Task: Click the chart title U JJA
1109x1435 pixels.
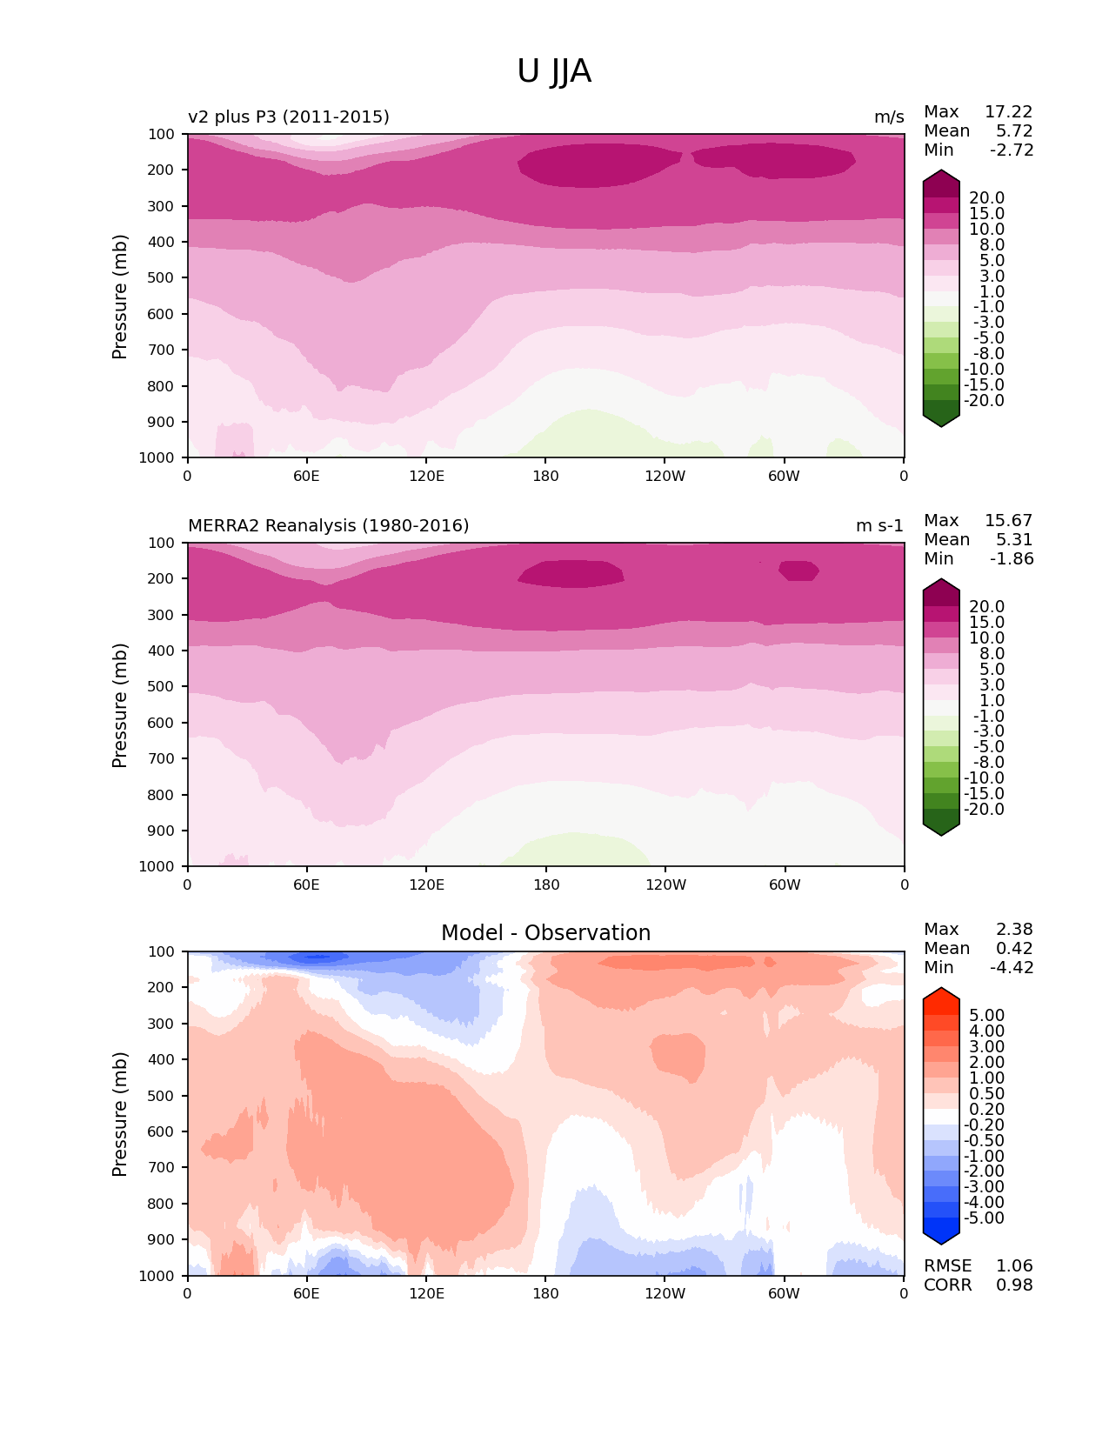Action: click(554, 71)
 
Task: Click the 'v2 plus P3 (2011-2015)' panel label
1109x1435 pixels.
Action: click(289, 117)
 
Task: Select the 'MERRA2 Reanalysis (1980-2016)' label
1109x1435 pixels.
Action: click(328, 526)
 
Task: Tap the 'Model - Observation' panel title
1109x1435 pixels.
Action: click(545, 933)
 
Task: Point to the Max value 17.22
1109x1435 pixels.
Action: click(1008, 112)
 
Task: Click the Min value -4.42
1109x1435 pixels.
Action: click(1012, 968)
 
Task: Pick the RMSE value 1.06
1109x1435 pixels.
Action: click(1014, 1266)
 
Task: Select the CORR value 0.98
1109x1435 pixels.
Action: click(1014, 1285)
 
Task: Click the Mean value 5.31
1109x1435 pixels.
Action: click(1014, 540)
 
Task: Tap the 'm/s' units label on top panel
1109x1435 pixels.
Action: click(889, 117)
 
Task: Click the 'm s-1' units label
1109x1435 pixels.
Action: click(879, 526)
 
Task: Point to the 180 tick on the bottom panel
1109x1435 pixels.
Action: click(545, 1294)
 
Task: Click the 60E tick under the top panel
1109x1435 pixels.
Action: click(306, 477)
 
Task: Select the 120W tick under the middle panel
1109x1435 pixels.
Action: click(665, 885)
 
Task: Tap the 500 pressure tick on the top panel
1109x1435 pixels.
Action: click(163, 278)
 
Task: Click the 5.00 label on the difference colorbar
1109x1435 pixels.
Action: click(986, 1016)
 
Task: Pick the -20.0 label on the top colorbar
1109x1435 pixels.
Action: click(984, 401)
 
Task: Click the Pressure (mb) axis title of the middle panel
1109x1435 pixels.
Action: click(120, 705)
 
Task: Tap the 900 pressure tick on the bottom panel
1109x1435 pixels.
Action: click(163, 1240)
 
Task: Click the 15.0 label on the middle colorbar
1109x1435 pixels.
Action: click(986, 623)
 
